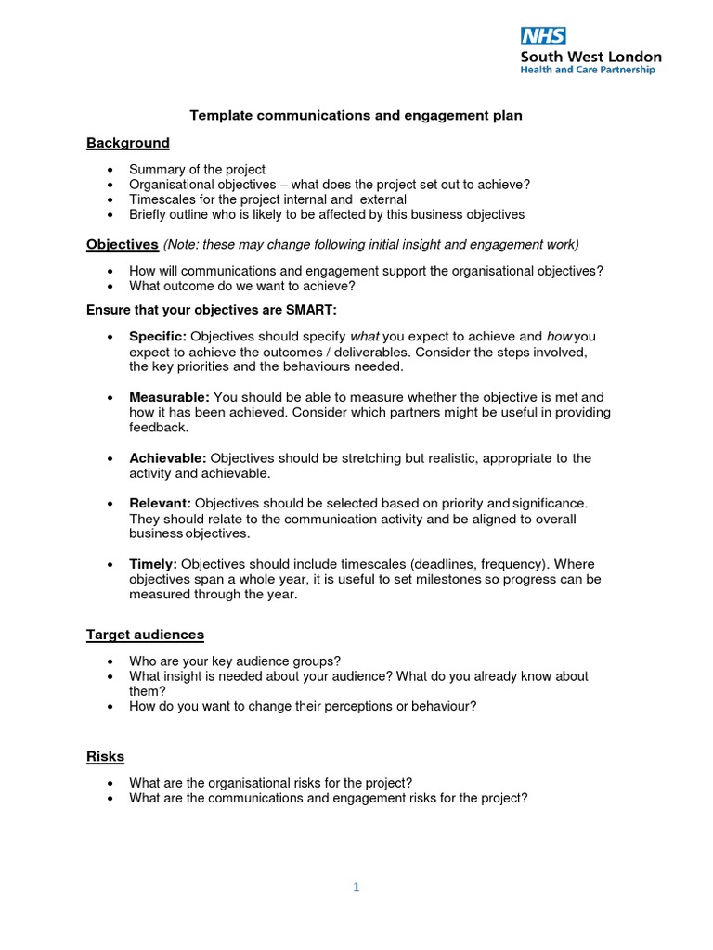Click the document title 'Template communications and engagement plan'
coord(356,116)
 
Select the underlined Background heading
coord(128,143)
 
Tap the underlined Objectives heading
coord(123,244)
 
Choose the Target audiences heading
coord(145,635)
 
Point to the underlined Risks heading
coord(105,756)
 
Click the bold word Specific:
coord(158,336)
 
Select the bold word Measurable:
coord(169,397)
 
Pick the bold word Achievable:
coord(168,458)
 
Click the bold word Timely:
coord(152,564)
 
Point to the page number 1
coord(356,887)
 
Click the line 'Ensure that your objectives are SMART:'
coord(218,308)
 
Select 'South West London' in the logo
coord(590,57)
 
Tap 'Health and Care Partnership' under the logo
coord(587,70)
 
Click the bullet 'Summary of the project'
coord(197,170)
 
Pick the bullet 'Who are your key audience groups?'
coord(235,661)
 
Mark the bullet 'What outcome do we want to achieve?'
coord(242,286)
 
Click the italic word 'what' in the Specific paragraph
coord(364,336)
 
